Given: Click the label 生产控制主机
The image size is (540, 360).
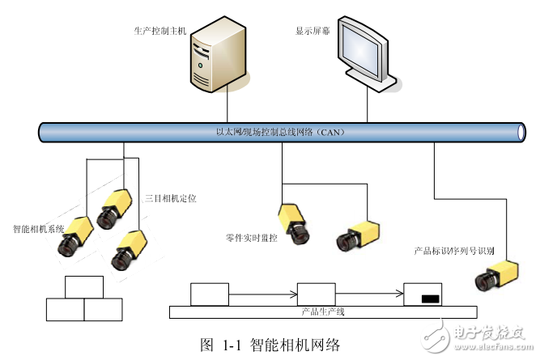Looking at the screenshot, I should coord(159,30).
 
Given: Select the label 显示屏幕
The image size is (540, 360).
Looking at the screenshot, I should coord(315,31).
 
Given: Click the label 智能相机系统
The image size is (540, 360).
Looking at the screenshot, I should coord(38,229).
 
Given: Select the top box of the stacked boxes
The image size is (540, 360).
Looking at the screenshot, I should coord(84,287).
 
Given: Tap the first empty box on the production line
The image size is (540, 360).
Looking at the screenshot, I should coord(209,294).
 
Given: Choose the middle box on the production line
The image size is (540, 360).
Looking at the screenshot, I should coord(316,294).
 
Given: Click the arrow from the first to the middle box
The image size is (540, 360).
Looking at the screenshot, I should coord(262,294).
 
